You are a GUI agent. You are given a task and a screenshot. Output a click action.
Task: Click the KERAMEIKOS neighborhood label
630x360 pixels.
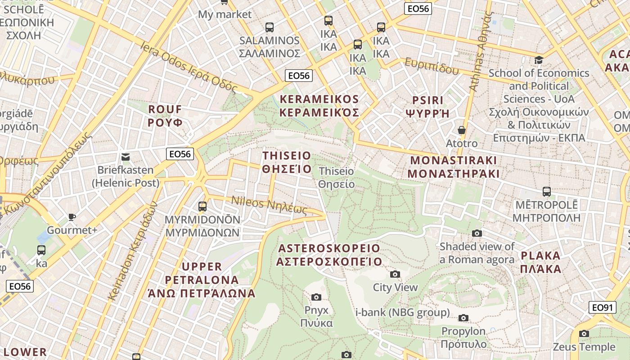319,106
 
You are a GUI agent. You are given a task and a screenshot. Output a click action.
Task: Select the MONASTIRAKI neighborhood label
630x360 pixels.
454,167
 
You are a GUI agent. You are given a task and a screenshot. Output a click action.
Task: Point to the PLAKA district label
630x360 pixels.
541,262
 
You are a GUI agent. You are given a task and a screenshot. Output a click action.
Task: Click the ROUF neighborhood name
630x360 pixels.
165,116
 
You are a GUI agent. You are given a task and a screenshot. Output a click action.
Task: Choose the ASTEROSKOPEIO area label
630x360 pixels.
329,255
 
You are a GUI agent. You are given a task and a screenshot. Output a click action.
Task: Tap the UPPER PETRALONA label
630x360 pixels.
202,280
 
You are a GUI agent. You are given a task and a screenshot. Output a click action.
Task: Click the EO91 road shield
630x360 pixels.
602,308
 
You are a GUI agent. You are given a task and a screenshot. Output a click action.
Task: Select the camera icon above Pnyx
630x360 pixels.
316,297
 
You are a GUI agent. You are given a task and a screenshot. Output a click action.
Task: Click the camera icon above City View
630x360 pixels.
395,274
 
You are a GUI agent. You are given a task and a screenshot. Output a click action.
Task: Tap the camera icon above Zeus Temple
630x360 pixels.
584,333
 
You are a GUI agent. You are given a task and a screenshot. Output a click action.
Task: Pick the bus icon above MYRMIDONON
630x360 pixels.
202,206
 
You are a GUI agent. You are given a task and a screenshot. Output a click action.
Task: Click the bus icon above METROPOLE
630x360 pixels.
546,192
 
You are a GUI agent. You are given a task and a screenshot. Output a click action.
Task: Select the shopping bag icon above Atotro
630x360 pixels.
461,130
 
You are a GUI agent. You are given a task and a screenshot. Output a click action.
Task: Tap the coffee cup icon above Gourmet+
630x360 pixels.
72,217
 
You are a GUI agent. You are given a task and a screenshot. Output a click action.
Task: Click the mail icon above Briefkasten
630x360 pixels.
126,157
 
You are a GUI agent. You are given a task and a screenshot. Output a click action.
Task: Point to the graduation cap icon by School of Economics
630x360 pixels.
539,60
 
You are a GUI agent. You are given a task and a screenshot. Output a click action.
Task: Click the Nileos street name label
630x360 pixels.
269,206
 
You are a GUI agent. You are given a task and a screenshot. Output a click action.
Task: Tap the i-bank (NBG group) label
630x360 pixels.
402,312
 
